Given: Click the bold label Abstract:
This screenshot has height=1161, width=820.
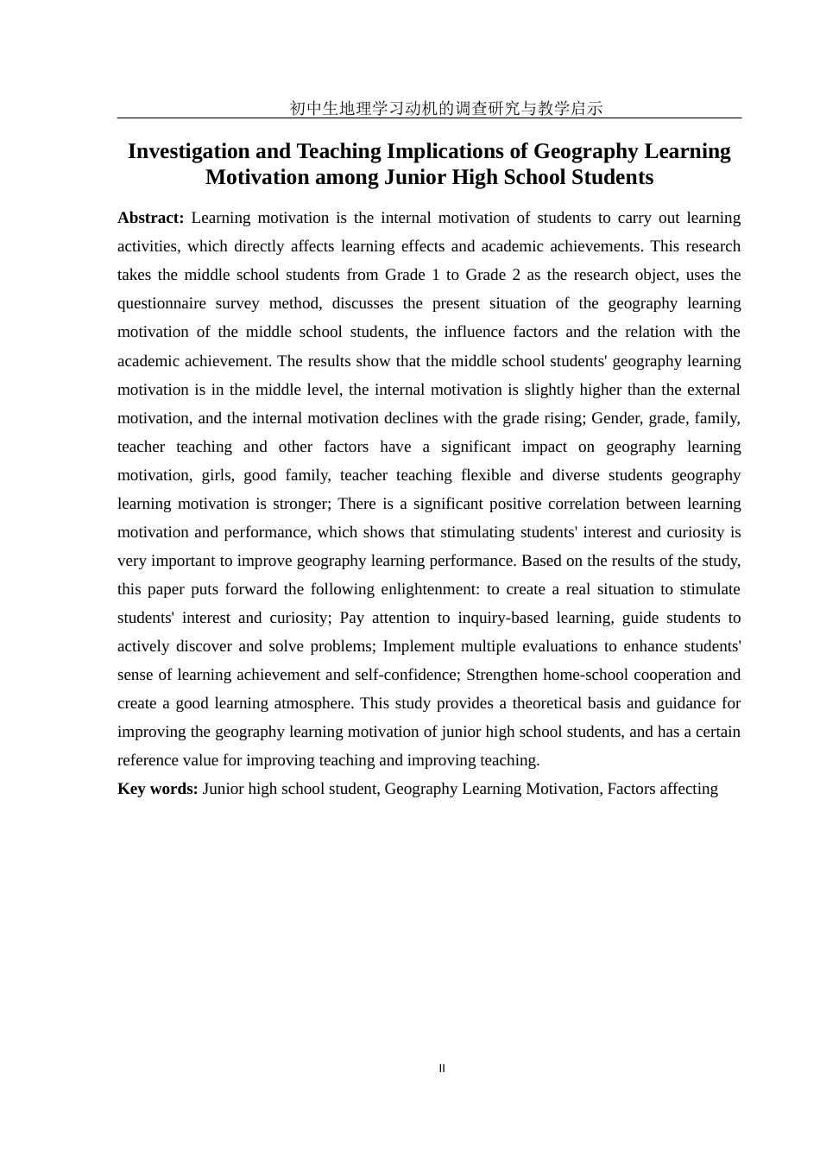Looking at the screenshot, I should click(150, 218).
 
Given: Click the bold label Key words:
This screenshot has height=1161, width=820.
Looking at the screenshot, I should click(158, 789).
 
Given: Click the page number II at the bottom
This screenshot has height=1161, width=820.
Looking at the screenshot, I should click(442, 1069).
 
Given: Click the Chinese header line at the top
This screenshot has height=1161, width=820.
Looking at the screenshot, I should click(445, 108).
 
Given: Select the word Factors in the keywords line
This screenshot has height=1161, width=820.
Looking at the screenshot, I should click(633, 789).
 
